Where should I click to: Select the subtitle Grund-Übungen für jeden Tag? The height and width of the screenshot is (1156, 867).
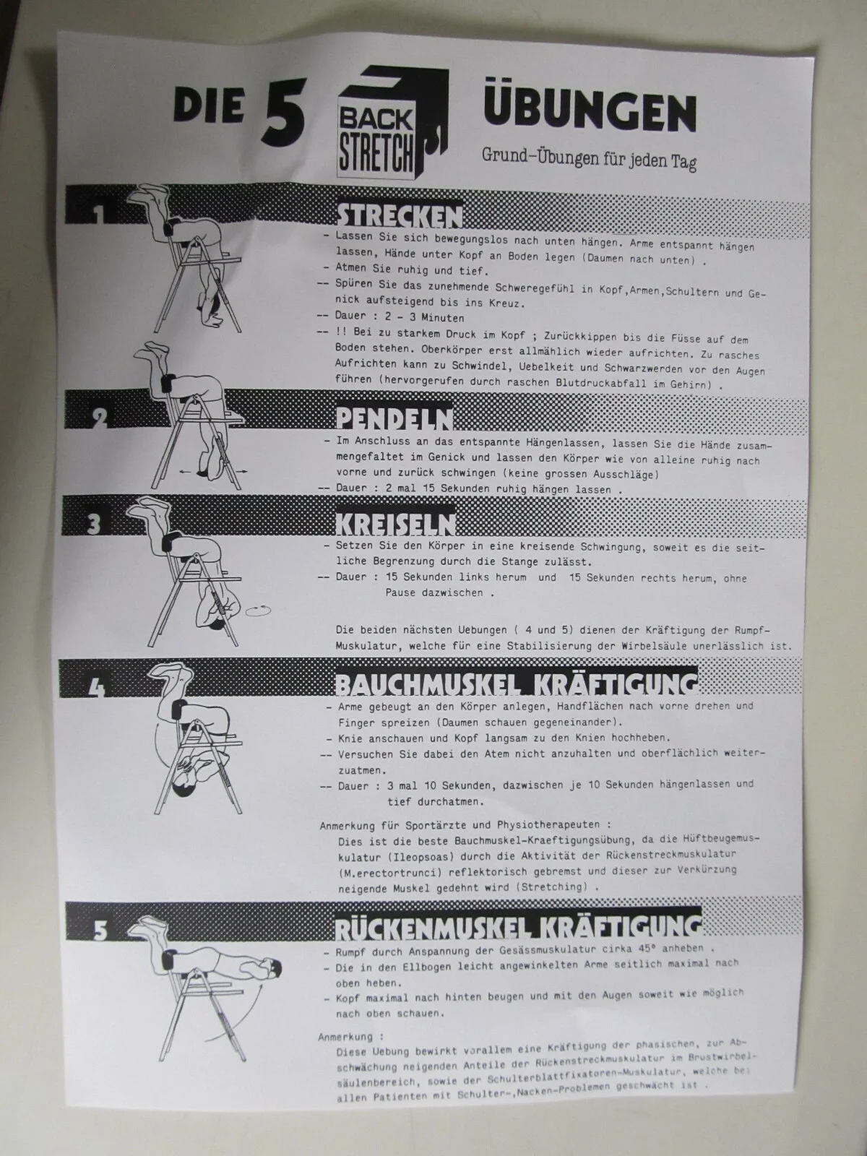click(x=589, y=158)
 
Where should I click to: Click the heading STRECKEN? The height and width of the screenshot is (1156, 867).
click(x=399, y=216)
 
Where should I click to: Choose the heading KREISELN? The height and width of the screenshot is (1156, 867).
click(x=395, y=524)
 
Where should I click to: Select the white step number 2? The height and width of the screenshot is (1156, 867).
click(x=100, y=418)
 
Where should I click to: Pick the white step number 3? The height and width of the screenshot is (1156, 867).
click(x=94, y=525)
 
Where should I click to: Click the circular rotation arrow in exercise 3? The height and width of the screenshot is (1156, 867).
click(x=259, y=611)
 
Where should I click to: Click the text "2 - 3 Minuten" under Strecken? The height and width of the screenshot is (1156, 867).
click(x=425, y=317)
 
